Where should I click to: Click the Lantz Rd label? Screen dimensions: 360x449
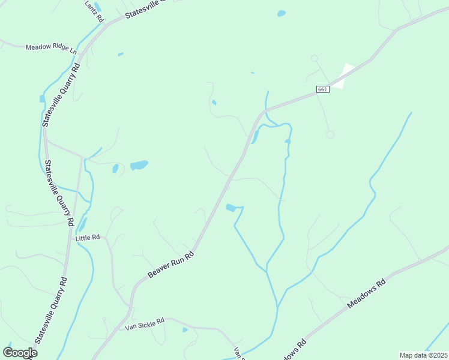click(95, 11)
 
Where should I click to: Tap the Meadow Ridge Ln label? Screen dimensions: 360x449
click(51, 47)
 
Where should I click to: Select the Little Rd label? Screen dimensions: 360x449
click(88, 238)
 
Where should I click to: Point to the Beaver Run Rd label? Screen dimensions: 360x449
click(172, 265)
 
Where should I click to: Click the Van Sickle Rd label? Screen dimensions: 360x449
click(145, 325)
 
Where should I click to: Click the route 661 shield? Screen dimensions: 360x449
click(323, 89)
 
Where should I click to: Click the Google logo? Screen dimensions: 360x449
click(20, 352)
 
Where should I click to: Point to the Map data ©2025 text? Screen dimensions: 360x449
click(423, 355)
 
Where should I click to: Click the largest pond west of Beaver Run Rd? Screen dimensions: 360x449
click(139, 164)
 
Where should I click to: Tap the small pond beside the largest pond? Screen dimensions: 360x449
click(115, 169)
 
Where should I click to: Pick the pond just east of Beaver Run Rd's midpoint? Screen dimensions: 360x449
click(230, 208)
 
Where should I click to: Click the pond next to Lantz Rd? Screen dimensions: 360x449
click(98, 7)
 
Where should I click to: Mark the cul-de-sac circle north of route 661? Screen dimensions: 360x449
click(313, 58)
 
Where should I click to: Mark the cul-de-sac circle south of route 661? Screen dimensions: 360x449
click(330, 134)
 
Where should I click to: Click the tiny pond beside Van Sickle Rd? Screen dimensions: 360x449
click(185, 329)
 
